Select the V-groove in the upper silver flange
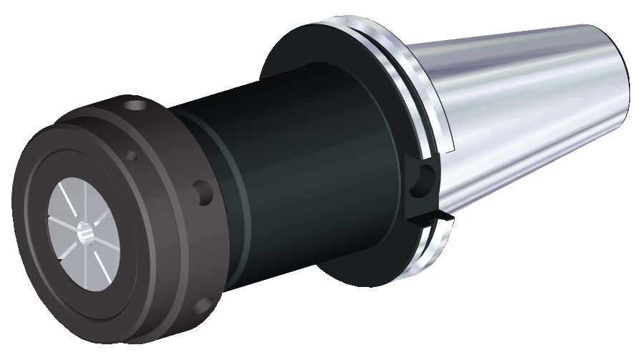pos(387,57)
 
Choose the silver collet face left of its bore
pos(61,229)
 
